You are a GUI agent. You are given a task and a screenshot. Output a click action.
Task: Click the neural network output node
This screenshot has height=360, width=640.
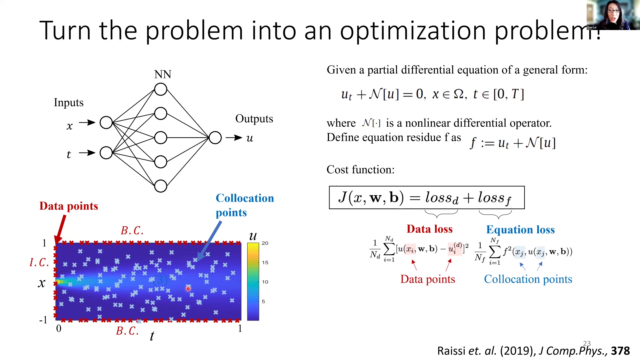click(215, 138)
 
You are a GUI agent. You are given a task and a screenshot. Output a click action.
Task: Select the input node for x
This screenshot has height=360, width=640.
click(106, 123)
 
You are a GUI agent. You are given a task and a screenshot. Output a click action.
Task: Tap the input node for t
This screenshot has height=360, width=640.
click(106, 153)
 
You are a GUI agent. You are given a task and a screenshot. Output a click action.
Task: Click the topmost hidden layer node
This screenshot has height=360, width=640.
click(161, 89)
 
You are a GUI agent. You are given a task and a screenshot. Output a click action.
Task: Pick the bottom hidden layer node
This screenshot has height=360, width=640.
click(161, 186)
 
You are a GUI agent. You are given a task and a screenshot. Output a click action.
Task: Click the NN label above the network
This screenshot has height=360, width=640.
click(163, 74)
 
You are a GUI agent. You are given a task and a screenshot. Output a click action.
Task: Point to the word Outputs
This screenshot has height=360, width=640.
click(254, 119)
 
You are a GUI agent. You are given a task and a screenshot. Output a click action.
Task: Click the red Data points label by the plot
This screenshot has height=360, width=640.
click(69, 206)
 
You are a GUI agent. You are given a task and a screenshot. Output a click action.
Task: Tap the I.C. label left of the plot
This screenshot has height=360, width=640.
click(39, 263)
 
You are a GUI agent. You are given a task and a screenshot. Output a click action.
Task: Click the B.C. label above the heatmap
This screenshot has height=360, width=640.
click(132, 230)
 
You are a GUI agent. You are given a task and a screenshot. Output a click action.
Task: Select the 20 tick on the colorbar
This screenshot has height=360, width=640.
click(265, 243)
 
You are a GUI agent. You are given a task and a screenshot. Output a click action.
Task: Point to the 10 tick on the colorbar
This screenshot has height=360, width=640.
click(265, 282)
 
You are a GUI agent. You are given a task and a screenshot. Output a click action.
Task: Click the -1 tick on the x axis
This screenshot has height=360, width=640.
click(43, 320)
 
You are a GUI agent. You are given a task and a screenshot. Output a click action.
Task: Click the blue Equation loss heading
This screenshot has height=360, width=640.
click(520, 230)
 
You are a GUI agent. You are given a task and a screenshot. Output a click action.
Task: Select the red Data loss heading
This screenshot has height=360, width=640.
click(429, 229)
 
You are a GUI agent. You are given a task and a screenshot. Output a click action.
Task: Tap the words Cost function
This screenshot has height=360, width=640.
click(360, 170)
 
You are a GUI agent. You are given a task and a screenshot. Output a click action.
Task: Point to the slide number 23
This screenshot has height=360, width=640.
click(587, 343)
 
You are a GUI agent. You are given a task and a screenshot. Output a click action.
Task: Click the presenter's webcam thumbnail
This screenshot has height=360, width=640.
click(613, 15)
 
